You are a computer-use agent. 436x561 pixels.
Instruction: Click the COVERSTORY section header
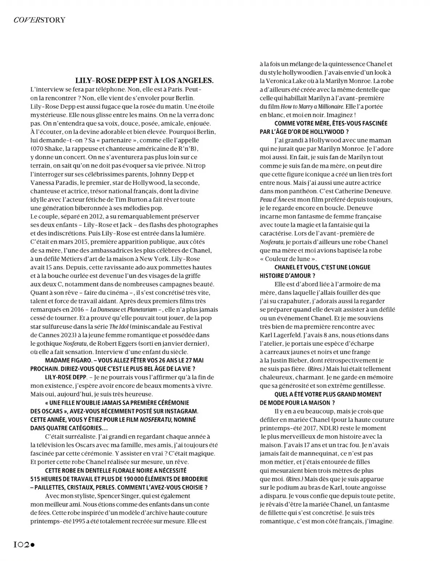[x=39, y=20]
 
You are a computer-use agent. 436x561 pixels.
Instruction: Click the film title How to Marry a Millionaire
[x=312, y=107]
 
